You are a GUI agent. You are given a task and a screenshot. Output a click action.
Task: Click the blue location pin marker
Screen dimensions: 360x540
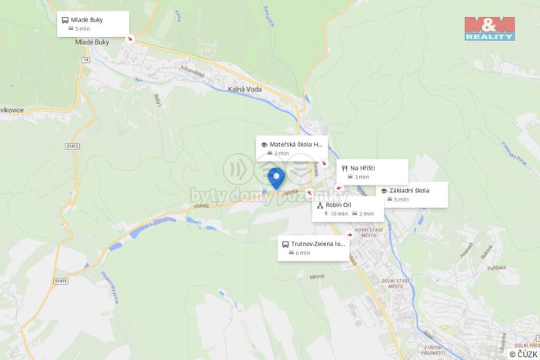[276, 178]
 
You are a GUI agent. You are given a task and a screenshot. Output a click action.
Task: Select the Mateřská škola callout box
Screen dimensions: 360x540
[292, 148]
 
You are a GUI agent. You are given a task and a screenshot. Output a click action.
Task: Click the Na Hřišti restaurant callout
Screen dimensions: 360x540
[372, 172]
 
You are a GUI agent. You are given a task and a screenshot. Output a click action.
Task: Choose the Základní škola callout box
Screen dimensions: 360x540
[412, 195]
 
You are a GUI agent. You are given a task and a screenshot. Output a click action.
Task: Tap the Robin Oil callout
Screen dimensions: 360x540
[348, 209]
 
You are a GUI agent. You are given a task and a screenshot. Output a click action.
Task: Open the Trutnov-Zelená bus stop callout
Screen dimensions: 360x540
[313, 248]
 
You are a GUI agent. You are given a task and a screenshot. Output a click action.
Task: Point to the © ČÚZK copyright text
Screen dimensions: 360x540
[523, 354]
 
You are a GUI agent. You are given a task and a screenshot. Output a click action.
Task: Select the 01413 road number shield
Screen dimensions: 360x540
[61, 281]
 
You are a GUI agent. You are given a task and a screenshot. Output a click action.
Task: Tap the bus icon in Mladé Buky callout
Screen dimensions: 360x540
[65, 19]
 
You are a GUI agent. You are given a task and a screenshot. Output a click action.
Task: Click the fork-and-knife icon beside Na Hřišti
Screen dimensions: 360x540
[343, 168]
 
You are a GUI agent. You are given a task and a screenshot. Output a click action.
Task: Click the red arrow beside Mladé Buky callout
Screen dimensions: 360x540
[129, 38]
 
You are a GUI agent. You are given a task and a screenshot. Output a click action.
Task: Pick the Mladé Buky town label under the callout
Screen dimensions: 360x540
[78, 43]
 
